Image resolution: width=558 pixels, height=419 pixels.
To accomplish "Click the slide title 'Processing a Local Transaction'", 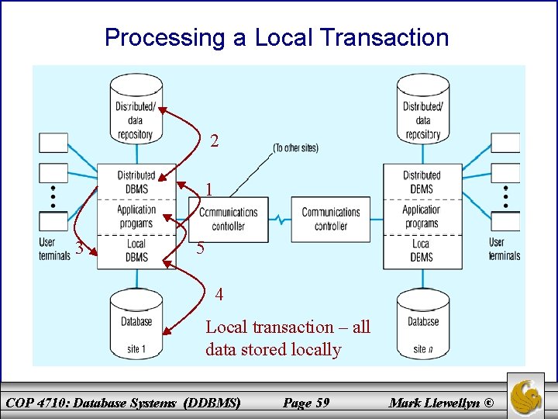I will (x=277, y=37).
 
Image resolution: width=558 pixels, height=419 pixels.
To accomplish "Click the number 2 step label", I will (x=215, y=141).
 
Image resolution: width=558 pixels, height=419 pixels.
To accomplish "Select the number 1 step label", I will (x=209, y=189).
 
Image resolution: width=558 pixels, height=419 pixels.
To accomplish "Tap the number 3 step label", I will (x=79, y=249).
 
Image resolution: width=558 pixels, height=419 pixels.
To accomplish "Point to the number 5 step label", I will (x=200, y=249).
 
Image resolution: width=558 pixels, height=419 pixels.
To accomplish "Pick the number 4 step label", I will (x=219, y=295).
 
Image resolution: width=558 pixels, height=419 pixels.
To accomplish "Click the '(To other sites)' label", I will (x=295, y=147).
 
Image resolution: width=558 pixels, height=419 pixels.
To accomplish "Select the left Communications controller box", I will (x=229, y=219).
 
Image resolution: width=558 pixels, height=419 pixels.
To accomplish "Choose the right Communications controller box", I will (x=331, y=219).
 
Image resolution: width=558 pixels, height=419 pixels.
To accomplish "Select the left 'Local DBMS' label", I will (x=136, y=251).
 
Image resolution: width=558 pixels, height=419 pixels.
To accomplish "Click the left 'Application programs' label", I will (x=136, y=216).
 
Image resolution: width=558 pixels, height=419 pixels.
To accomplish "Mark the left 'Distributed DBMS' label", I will (x=136, y=182).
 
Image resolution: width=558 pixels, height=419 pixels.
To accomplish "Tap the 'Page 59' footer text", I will (x=306, y=403).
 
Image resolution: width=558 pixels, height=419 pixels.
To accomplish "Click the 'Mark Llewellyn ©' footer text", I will (x=441, y=403).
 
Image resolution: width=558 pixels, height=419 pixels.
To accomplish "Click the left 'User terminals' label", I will (x=54, y=249).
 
